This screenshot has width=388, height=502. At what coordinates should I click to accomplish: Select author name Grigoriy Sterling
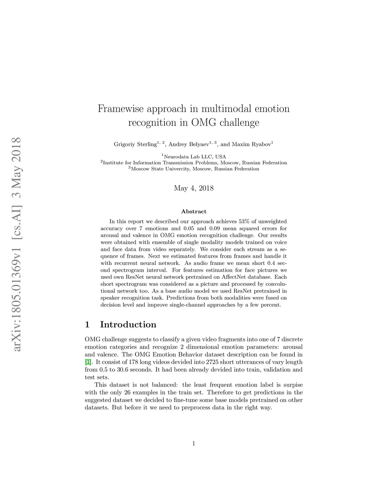(135, 144)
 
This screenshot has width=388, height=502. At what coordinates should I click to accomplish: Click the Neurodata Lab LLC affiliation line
(194, 156)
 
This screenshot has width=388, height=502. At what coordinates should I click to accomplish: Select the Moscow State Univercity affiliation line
(194, 169)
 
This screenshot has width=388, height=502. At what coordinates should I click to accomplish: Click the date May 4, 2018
(194, 188)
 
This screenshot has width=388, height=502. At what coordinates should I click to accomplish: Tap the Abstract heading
(194, 211)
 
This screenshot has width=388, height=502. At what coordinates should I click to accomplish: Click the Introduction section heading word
(128, 325)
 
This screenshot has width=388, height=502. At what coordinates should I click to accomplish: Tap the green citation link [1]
(88, 362)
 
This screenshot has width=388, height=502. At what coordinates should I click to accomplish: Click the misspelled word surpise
(292, 385)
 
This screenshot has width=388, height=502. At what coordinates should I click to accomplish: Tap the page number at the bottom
(194, 444)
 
